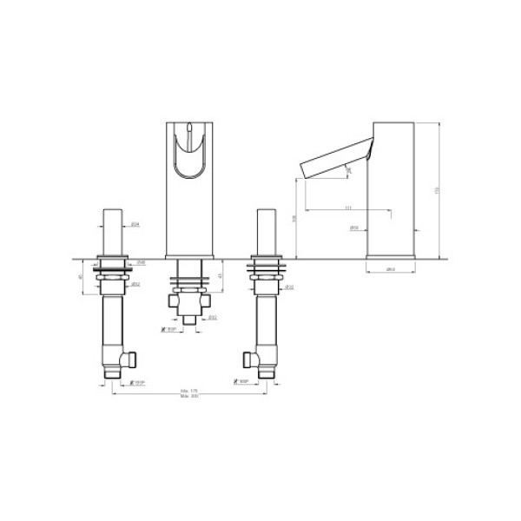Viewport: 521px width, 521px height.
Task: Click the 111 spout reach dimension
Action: tap(348, 208)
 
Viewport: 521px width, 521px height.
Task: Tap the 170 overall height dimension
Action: tap(437, 189)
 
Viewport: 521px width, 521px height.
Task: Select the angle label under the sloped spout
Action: tap(348, 172)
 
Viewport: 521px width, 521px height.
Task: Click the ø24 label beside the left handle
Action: tap(136, 226)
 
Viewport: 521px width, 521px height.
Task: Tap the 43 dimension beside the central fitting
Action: tap(221, 276)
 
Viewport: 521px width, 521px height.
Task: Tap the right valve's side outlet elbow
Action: tap(250, 357)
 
